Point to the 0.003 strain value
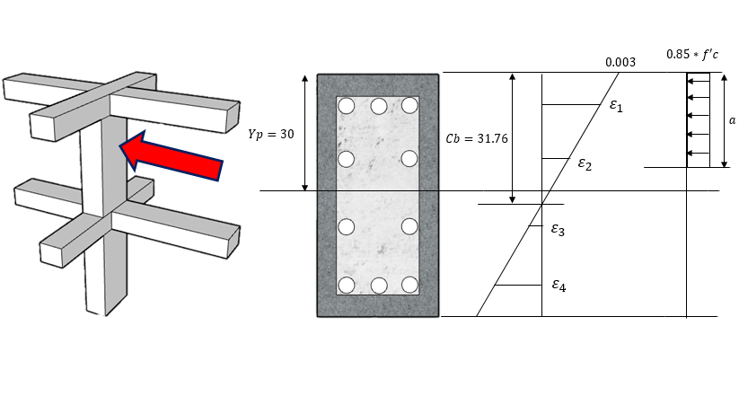620,62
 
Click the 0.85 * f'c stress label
696,54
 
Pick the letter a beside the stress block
732,119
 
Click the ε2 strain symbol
585,164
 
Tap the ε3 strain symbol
558,231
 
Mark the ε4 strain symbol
559,286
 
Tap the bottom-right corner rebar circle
409,286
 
